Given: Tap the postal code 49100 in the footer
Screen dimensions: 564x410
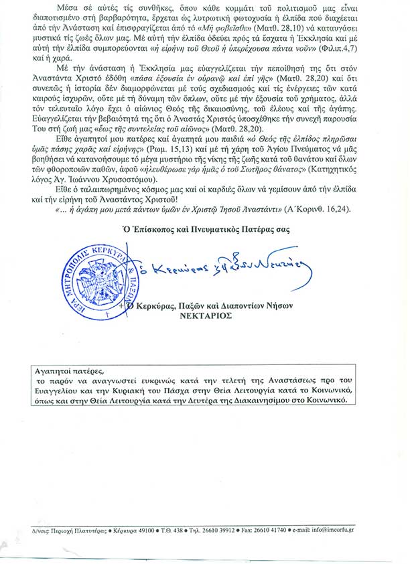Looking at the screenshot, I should point(144,531).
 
